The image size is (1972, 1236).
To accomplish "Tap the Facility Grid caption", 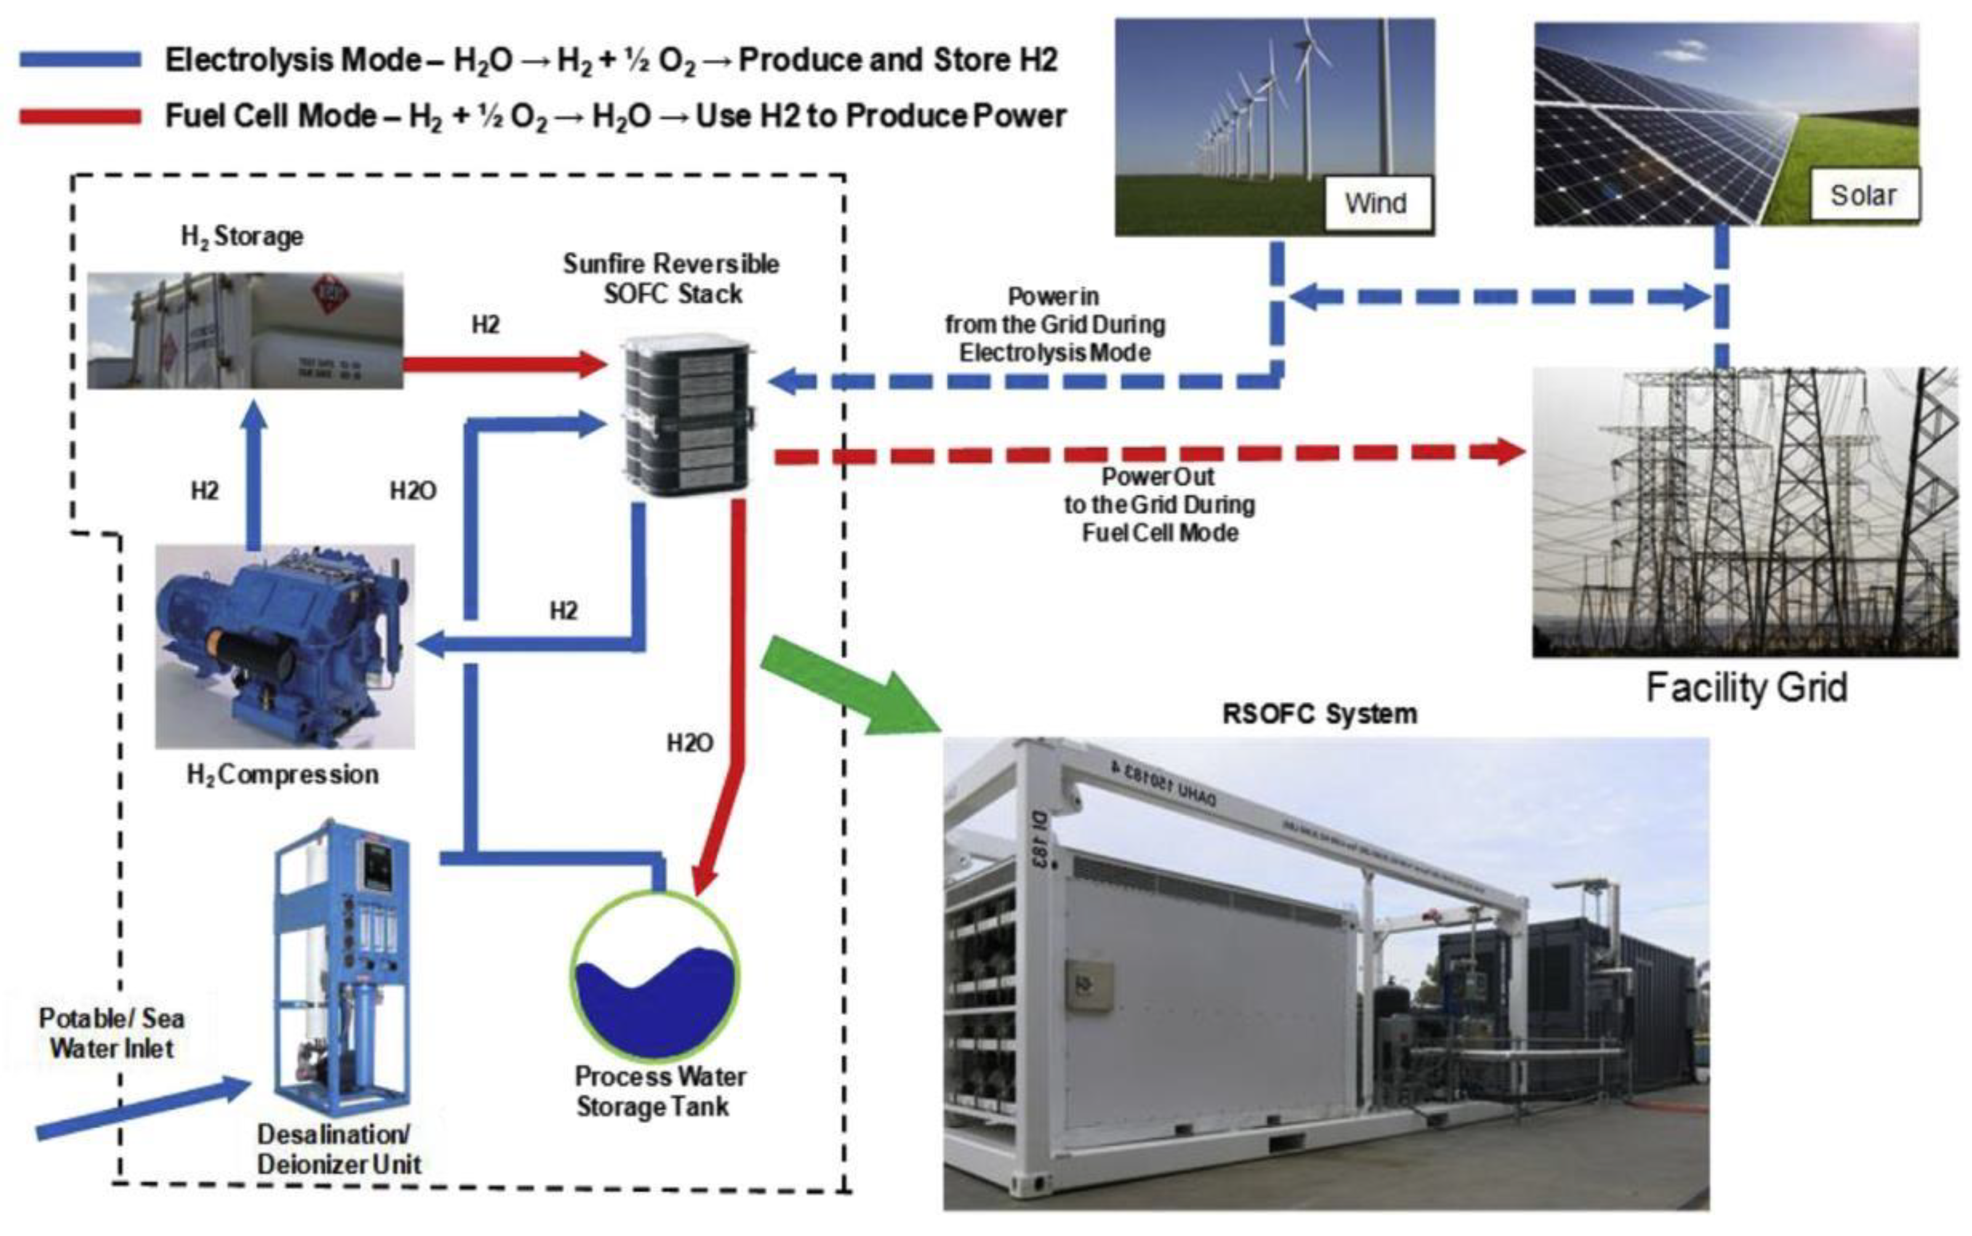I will pyautogui.click(x=1745, y=688).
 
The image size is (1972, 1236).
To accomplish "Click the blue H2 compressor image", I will pyautogui.click(x=284, y=646).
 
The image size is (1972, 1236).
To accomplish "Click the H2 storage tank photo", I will pyautogui.click(x=245, y=331).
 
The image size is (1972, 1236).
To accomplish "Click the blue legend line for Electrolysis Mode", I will pyautogui.click(x=80, y=60).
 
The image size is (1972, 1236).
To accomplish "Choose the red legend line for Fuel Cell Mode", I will pyautogui.click(x=80, y=117).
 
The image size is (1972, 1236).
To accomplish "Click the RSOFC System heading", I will pyautogui.click(x=1319, y=713).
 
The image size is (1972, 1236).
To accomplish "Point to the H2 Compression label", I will pyautogui.click(x=283, y=774).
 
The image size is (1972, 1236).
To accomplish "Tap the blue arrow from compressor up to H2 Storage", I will pyautogui.click(x=254, y=474).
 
